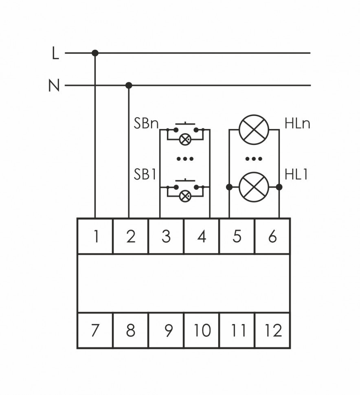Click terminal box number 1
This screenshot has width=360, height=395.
click(x=95, y=236)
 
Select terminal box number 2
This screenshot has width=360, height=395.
click(x=130, y=236)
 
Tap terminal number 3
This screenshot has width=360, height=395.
click(x=166, y=236)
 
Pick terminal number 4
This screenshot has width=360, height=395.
click(x=202, y=236)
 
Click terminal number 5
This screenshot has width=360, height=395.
click(x=237, y=236)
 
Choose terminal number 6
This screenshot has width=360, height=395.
click(x=272, y=236)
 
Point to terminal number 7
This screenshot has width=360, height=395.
click(x=95, y=330)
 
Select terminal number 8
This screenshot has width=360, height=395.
click(x=130, y=330)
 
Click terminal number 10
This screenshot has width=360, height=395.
click(x=202, y=330)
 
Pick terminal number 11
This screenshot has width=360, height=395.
click(x=237, y=330)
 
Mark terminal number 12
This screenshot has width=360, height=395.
click(x=272, y=330)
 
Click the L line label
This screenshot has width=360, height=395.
click(x=55, y=53)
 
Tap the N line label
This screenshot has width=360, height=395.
click(x=54, y=86)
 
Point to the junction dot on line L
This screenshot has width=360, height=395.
click(x=95, y=53)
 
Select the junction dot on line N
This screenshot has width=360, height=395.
click(x=129, y=86)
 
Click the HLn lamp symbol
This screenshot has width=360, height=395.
click(x=254, y=129)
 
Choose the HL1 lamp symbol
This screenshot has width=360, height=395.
click(x=254, y=187)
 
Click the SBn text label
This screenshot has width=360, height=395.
click(x=146, y=124)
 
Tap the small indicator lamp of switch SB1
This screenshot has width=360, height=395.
click(x=185, y=196)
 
